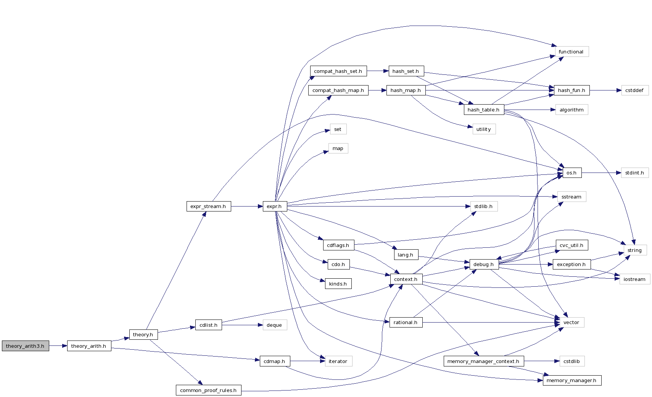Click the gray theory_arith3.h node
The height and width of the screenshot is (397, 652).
point(25,346)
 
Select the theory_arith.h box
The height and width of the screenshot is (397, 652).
point(89,346)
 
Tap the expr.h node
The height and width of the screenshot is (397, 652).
point(274,207)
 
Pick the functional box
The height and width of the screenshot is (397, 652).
point(571,52)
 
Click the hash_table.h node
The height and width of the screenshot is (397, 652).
point(483,110)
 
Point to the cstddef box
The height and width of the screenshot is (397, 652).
point(634,90)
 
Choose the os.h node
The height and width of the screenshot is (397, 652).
point(572,173)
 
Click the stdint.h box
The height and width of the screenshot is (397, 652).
point(634,173)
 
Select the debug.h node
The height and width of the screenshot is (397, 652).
point(483,264)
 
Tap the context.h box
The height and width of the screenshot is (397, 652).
point(406,279)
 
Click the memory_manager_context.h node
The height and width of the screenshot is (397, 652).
point(483,361)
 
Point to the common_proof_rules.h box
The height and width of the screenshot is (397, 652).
point(208,390)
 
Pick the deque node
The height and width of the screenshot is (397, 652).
point(274,325)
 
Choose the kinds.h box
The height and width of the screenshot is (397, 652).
point(338,284)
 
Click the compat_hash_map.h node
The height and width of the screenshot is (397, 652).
point(338,90)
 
